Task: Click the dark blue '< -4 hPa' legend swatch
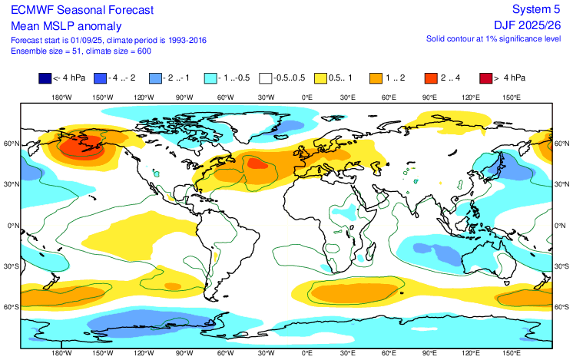[45, 77]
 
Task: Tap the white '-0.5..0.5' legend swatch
[265, 77]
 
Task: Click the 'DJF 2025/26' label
[526, 24]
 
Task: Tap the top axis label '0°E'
[306, 97]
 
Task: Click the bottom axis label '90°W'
[184, 355]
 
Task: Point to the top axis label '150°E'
[512, 97]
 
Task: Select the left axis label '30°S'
[11, 266]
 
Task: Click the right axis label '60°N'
[561, 144]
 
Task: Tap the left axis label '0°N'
[12, 226]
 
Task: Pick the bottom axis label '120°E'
[471, 355]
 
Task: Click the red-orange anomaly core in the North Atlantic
[257, 162]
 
